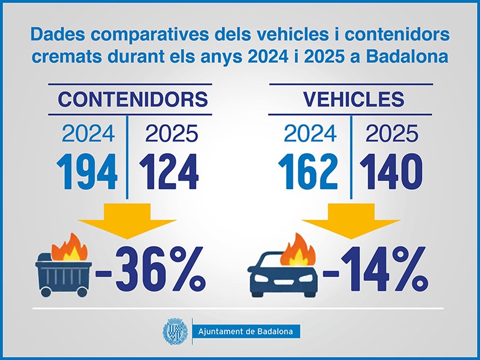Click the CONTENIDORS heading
coord(133,99)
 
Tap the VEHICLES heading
coord(354,99)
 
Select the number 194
coord(87,171)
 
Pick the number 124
coord(169,171)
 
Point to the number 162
coord(308,171)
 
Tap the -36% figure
coord(150,269)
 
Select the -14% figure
coord(375,269)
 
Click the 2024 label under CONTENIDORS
coord(88,133)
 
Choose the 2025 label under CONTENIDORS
coord(171,133)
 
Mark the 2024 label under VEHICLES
coord(310,133)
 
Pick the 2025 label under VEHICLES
coord(392,133)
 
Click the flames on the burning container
coord(70,247)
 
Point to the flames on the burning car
coord(298,250)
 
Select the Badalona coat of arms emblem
coord(175,332)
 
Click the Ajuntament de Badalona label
coord(246,332)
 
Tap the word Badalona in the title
coord(407,56)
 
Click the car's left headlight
coord(261,278)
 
